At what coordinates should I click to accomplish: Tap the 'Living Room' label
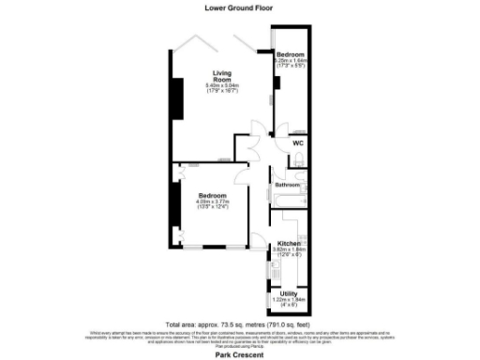tap(221, 77)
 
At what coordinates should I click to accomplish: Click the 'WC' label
tap(297, 143)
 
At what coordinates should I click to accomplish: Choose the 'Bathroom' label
tap(287, 185)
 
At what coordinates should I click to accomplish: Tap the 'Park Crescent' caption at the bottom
tap(239, 354)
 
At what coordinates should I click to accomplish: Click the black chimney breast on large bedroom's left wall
tap(173, 207)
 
